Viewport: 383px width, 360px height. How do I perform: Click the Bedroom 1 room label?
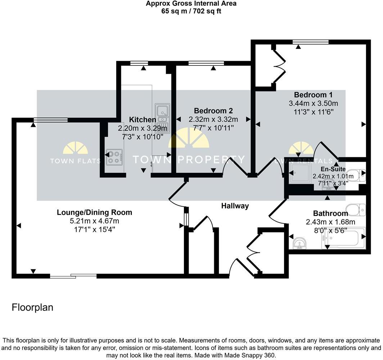(313, 95)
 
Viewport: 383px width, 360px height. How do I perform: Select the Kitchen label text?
(143, 120)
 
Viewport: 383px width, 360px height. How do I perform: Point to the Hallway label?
(235, 206)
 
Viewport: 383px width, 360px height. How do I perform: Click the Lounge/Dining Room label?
(94, 212)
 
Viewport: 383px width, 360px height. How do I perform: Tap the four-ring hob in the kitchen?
(114, 157)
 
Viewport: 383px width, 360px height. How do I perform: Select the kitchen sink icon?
(162, 113)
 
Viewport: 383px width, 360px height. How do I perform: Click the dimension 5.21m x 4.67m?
(94, 221)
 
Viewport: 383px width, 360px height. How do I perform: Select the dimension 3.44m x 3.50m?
(313, 104)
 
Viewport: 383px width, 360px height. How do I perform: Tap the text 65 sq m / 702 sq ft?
(191, 11)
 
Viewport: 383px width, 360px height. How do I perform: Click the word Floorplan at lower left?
(32, 307)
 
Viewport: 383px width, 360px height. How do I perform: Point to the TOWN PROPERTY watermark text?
(189, 159)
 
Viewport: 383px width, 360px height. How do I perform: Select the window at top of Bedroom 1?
(310, 42)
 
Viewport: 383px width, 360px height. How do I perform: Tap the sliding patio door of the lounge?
(73, 276)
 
